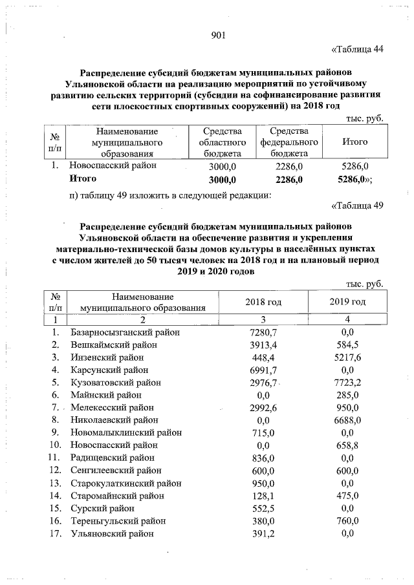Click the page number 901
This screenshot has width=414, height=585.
coord(217,35)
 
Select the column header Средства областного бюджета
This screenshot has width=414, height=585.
coord(222,142)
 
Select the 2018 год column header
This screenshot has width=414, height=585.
coord(263,302)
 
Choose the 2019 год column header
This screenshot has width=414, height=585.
coord(348,302)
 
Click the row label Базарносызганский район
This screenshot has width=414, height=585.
coord(124,332)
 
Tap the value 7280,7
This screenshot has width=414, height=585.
coord(263,332)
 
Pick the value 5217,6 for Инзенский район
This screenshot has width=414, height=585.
coord(349,357)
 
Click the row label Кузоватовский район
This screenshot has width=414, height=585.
coord(116,383)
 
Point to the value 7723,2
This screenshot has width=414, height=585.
coord(349,383)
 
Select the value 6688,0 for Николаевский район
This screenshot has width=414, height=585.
coord(349,420)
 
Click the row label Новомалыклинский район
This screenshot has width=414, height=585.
coord(125,432)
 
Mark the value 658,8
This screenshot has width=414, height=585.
coord(349,445)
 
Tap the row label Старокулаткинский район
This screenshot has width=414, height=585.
coord(125,483)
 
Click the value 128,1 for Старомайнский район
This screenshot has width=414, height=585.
coord(263,496)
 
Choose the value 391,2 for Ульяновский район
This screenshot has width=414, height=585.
coord(263,533)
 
